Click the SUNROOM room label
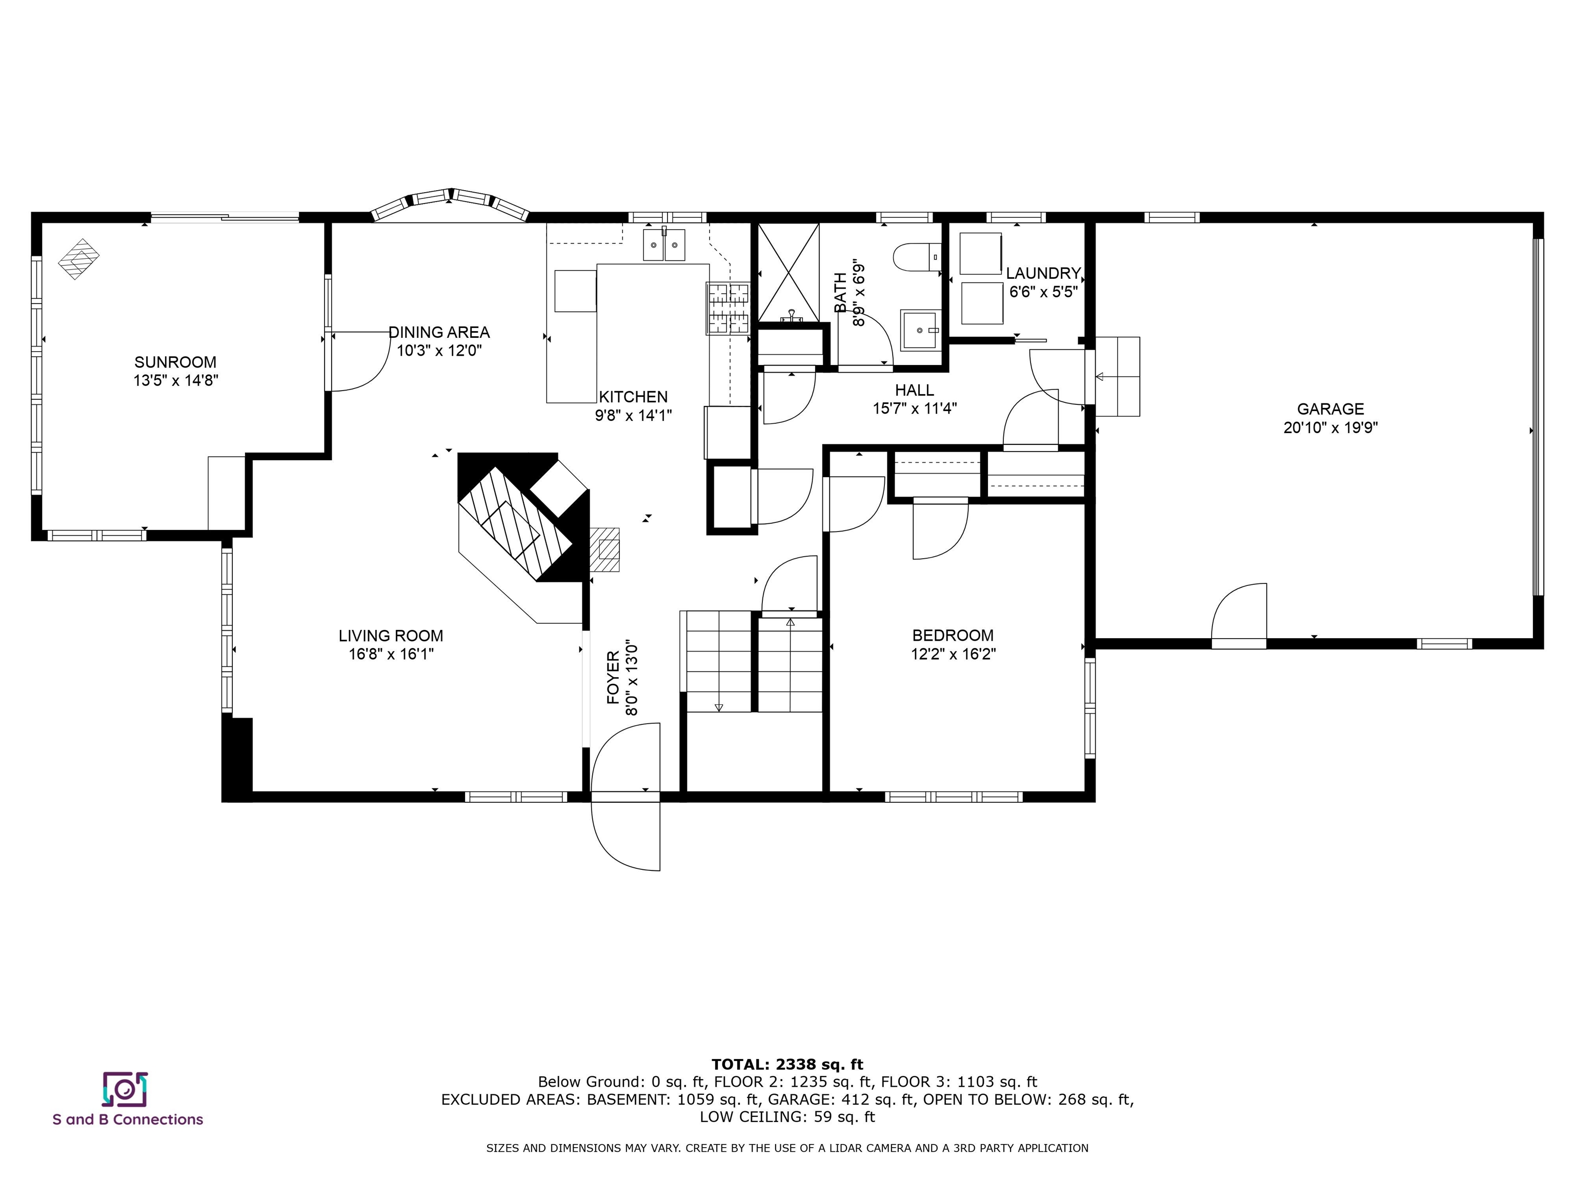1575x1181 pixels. (x=175, y=362)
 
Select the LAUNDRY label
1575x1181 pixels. (x=1043, y=273)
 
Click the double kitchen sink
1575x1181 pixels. (x=664, y=245)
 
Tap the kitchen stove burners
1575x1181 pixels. (x=728, y=308)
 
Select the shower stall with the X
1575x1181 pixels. (x=788, y=272)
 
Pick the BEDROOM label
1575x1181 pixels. (x=953, y=636)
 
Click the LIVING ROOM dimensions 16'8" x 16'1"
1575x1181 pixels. (x=391, y=654)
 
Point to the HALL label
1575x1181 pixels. (x=914, y=390)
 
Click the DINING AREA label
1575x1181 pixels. (x=439, y=333)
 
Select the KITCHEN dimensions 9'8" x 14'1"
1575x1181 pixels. (x=633, y=415)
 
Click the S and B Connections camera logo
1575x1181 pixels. (x=125, y=1090)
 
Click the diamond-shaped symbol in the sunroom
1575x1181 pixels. (x=79, y=259)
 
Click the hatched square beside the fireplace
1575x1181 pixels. (x=604, y=549)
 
